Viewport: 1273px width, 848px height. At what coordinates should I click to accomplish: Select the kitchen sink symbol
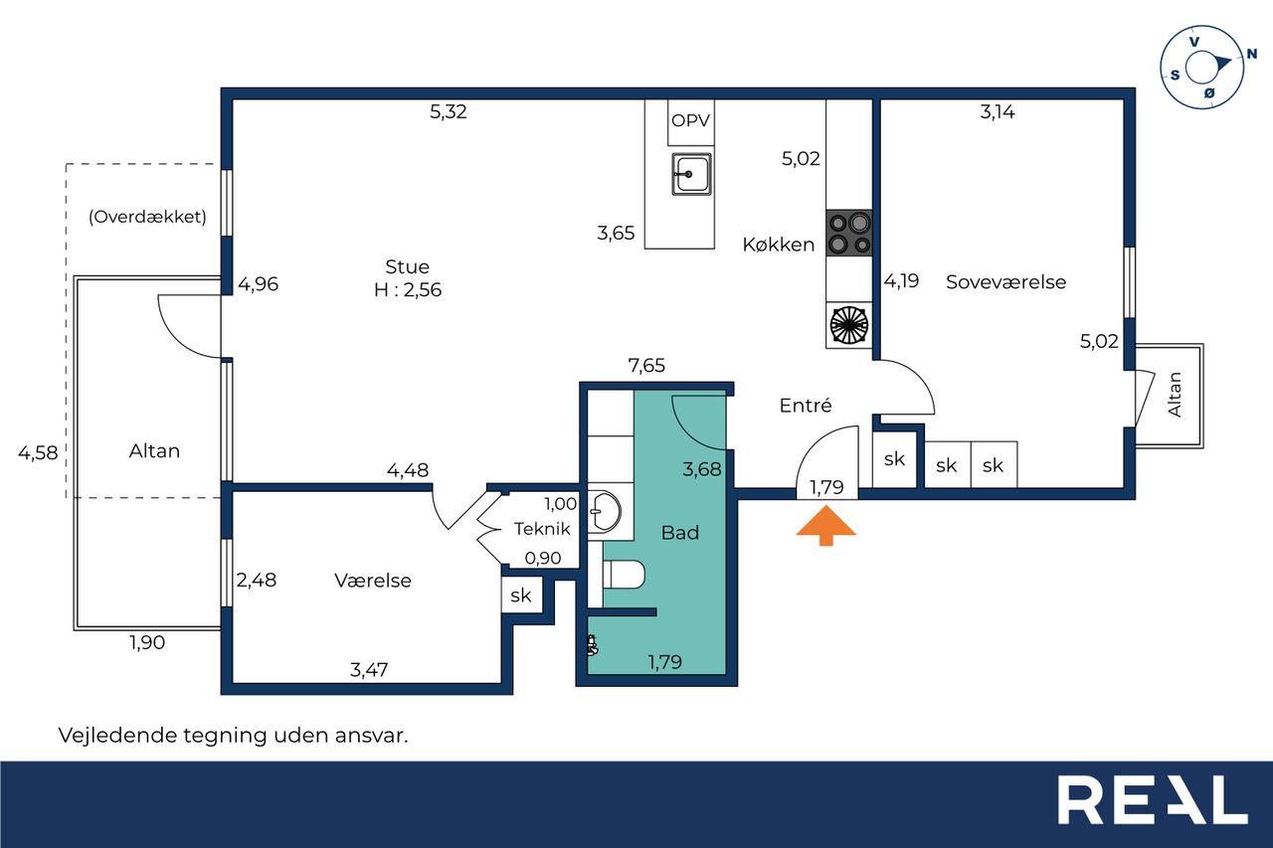tap(691, 174)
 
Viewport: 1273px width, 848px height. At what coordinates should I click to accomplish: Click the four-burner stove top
tap(849, 233)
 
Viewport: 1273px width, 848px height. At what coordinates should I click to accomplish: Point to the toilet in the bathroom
tap(624, 575)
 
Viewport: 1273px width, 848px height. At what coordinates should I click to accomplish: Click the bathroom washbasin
tap(604, 511)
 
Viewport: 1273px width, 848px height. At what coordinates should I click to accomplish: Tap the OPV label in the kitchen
tap(690, 120)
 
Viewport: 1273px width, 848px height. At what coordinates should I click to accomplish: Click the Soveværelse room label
tap(1005, 282)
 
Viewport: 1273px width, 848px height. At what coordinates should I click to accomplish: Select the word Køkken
tap(779, 245)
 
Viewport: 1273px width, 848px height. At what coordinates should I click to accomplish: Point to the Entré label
tap(806, 405)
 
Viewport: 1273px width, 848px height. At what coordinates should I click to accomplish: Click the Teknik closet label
tap(542, 529)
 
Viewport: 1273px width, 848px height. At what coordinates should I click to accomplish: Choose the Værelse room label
tap(373, 581)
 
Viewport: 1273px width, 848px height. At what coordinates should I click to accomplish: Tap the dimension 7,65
tap(646, 365)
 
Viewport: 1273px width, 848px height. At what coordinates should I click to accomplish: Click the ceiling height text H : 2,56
tap(408, 289)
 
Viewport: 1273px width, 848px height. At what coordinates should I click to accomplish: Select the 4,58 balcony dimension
tap(38, 452)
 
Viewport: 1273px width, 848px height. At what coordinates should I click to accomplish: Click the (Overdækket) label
tap(147, 217)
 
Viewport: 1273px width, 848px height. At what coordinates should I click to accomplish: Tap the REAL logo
tap(1153, 799)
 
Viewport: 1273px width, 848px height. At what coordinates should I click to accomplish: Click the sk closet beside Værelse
tap(521, 595)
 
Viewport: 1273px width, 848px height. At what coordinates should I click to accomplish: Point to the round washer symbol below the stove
tap(849, 325)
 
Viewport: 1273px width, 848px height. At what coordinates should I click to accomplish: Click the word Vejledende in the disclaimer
tap(117, 736)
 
